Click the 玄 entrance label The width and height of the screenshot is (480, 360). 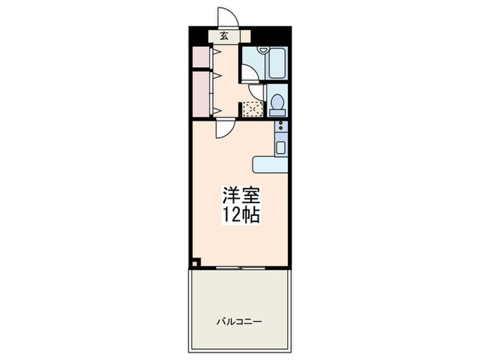click(224, 36)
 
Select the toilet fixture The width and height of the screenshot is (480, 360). click(278, 105)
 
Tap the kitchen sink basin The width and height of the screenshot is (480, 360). click(280, 145)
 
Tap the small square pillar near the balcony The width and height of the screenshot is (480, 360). click(195, 261)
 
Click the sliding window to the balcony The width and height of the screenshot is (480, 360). click(239, 267)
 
